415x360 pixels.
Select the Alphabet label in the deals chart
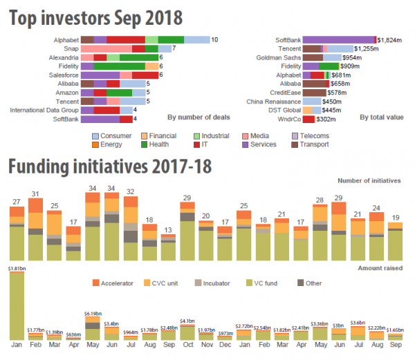point(64,40)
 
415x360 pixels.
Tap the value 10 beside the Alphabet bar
point(214,40)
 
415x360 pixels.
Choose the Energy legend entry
point(111,144)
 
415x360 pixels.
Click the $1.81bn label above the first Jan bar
point(17,268)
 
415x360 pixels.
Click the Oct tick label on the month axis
point(186,344)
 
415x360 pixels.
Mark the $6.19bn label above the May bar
point(92,314)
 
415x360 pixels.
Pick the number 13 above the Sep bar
point(167,230)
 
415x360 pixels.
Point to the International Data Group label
point(43,109)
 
